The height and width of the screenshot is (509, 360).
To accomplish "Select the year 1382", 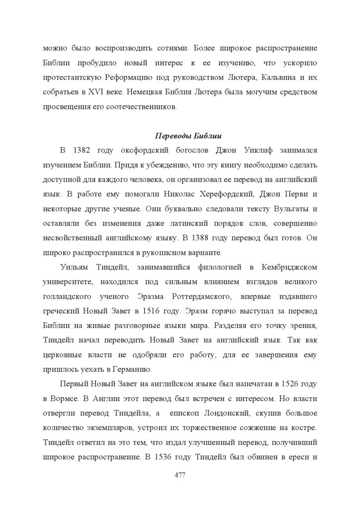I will (x=82, y=150).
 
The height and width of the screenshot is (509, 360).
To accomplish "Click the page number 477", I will (x=180, y=476).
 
